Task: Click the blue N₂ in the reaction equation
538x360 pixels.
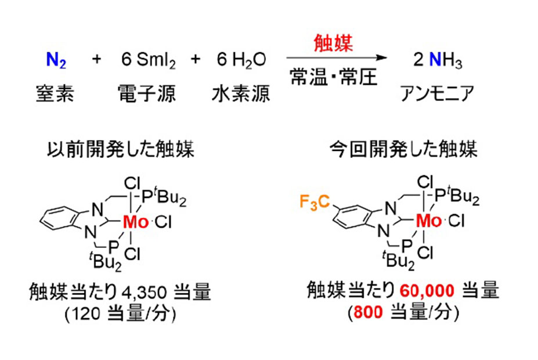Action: tap(56, 60)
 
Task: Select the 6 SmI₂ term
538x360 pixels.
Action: tap(148, 60)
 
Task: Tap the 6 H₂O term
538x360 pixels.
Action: tap(241, 60)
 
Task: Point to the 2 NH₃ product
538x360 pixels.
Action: tap(438, 60)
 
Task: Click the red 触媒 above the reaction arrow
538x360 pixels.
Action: tap(333, 43)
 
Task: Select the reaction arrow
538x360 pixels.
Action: tap(337, 58)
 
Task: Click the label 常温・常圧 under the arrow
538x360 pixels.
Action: tap(334, 77)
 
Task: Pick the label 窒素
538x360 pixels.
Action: tap(55, 93)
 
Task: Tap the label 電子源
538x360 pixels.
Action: tap(147, 93)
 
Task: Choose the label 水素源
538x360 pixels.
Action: tap(241, 93)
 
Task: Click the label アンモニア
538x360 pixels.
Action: tap(437, 93)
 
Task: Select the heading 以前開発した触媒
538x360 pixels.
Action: tap(121, 149)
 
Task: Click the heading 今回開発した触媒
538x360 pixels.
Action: tap(403, 149)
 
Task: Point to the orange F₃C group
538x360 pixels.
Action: tap(315, 202)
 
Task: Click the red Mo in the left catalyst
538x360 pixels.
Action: tap(136, 222)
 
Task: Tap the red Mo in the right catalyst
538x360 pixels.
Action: tap(428, 221)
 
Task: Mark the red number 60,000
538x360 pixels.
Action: tap(427, 291)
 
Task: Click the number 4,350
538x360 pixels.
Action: tap(144, 293)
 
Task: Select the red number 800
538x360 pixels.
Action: tap(368, 312)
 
